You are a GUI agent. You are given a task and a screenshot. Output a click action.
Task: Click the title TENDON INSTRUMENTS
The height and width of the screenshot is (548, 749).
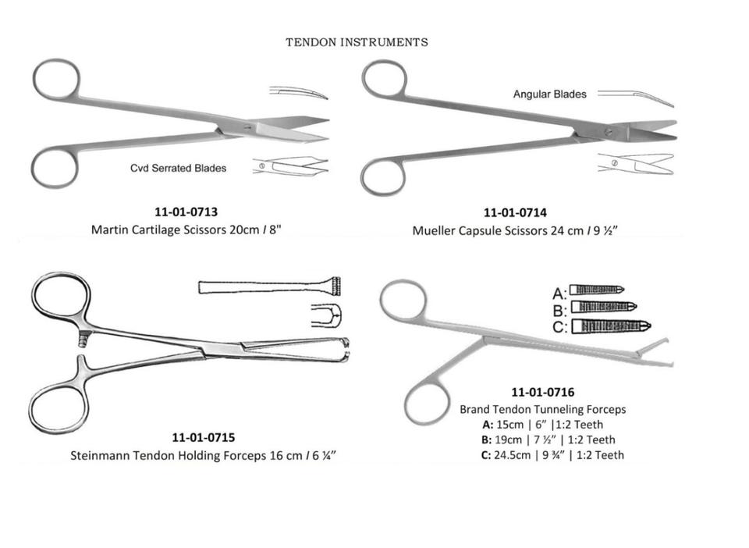click(x=357, y=42)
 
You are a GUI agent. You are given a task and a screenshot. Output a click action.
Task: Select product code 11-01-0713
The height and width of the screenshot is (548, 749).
click(x=186, y=212)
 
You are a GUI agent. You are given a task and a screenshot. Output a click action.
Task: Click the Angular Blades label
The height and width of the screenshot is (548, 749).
click(x=549, y=94)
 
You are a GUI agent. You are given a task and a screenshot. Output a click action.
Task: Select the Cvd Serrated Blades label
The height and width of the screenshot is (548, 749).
click(x=178, y=168)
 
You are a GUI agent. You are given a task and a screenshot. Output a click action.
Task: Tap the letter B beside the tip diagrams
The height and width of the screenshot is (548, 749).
click(x=559, y=310)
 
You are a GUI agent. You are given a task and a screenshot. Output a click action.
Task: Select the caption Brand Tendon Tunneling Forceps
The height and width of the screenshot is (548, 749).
click(x=542, y=409)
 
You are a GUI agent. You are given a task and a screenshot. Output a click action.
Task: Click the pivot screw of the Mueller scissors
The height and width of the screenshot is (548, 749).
click(x=609, y=133)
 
